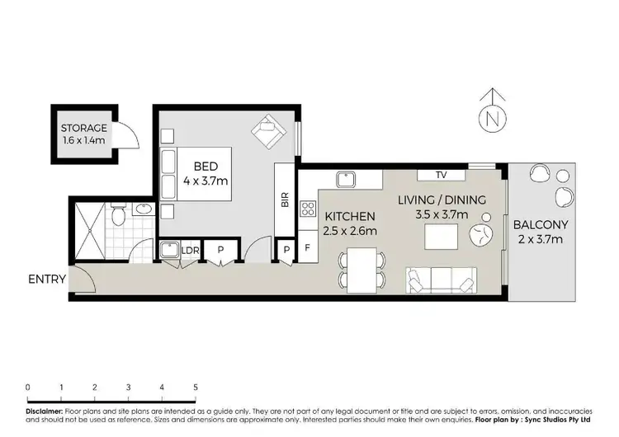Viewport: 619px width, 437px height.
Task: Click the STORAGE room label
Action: click(83, 129)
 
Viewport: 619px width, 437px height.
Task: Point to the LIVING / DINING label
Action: click(442, 200)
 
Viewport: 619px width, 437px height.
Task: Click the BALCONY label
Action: click(538, 224)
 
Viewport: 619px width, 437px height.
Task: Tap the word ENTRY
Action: click(46, 279)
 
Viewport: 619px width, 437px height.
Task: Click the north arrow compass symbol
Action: click(493, 116)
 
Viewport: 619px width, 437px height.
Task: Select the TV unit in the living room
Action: click(440, 175)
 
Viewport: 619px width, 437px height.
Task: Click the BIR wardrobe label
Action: click(285, 200)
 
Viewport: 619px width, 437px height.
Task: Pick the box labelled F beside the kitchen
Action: click(306, 247)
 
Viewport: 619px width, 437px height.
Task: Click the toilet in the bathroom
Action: click(118, 216)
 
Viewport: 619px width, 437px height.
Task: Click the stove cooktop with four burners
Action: click(309, 208)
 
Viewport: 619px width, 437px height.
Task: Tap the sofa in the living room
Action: click(442, 281)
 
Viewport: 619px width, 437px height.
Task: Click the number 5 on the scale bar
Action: click(196, 387)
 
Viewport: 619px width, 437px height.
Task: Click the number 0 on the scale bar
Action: click(28, 387)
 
